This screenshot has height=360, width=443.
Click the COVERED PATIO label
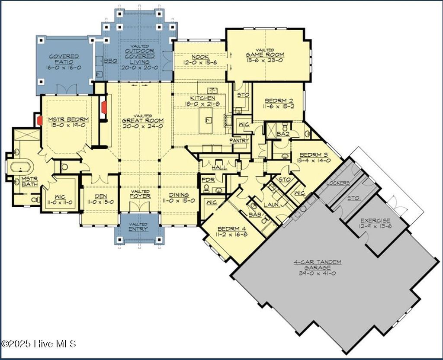pos(64,59)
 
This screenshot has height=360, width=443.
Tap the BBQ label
pos(110,61)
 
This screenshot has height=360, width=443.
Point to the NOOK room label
pos(201,57)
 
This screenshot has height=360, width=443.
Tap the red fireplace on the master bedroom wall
pos(39,120)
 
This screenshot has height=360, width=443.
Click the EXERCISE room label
pos(375,220)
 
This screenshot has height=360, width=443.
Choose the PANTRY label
pos(239,140)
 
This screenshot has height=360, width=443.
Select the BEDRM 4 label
pos(230,228)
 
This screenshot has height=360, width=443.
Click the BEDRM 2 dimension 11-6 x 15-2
pos(278,106)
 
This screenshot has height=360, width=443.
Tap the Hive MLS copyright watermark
pos(39,344)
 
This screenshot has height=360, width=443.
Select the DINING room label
pos(179,195)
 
